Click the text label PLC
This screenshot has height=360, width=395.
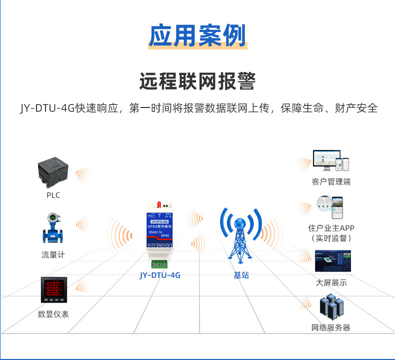(x=53, y=195)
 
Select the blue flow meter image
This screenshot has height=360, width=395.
(x=52, y=229)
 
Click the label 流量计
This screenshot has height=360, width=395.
(x=53, y=254)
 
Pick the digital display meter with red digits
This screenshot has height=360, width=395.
(x=53, y=289)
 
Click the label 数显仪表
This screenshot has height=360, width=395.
(x=53, y=314)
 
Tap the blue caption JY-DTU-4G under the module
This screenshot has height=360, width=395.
(x=160, y=275)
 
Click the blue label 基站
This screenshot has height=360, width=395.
(x=241, y=275)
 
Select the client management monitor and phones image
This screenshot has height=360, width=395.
(x=330, y=160)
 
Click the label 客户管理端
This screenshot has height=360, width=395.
(x=330, y=181)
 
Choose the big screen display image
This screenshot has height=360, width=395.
(x=332, y=261)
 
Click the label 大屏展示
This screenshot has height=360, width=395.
(x=331, y=283)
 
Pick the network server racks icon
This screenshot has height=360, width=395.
(x=331, y=306)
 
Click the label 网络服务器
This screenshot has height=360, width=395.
(x=331, y=327)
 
